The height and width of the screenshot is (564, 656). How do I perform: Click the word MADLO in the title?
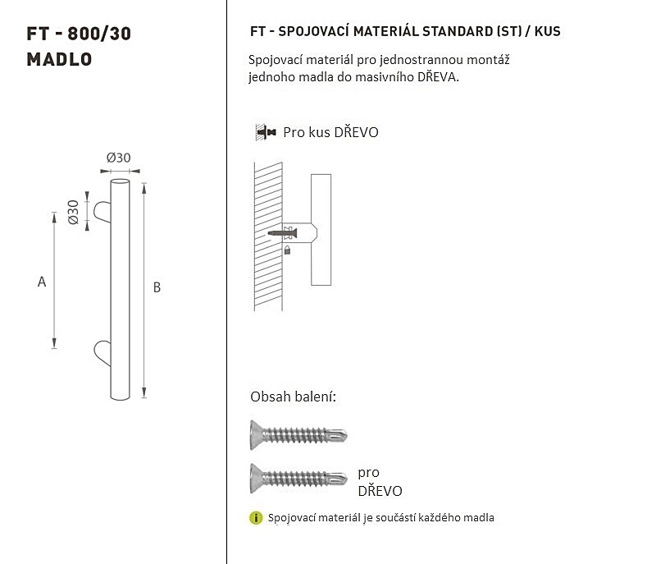pos(59,59)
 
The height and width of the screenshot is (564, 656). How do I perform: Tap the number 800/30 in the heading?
pos(99,34)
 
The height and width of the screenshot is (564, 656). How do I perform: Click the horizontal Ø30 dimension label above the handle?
pos(118,158)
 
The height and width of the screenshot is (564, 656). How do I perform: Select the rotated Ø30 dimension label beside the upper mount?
pos(73,213)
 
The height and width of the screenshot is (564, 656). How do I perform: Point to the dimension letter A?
pos(42,282)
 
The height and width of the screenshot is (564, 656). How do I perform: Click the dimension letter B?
pos(157,287)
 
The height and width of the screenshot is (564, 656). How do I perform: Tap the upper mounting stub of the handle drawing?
pos(102,212)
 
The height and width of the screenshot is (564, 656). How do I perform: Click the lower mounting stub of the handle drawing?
pos(102,353)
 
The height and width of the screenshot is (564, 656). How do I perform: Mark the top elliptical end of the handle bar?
pos(120,181)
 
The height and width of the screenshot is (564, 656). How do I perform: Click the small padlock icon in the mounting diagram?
pos(287,250)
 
